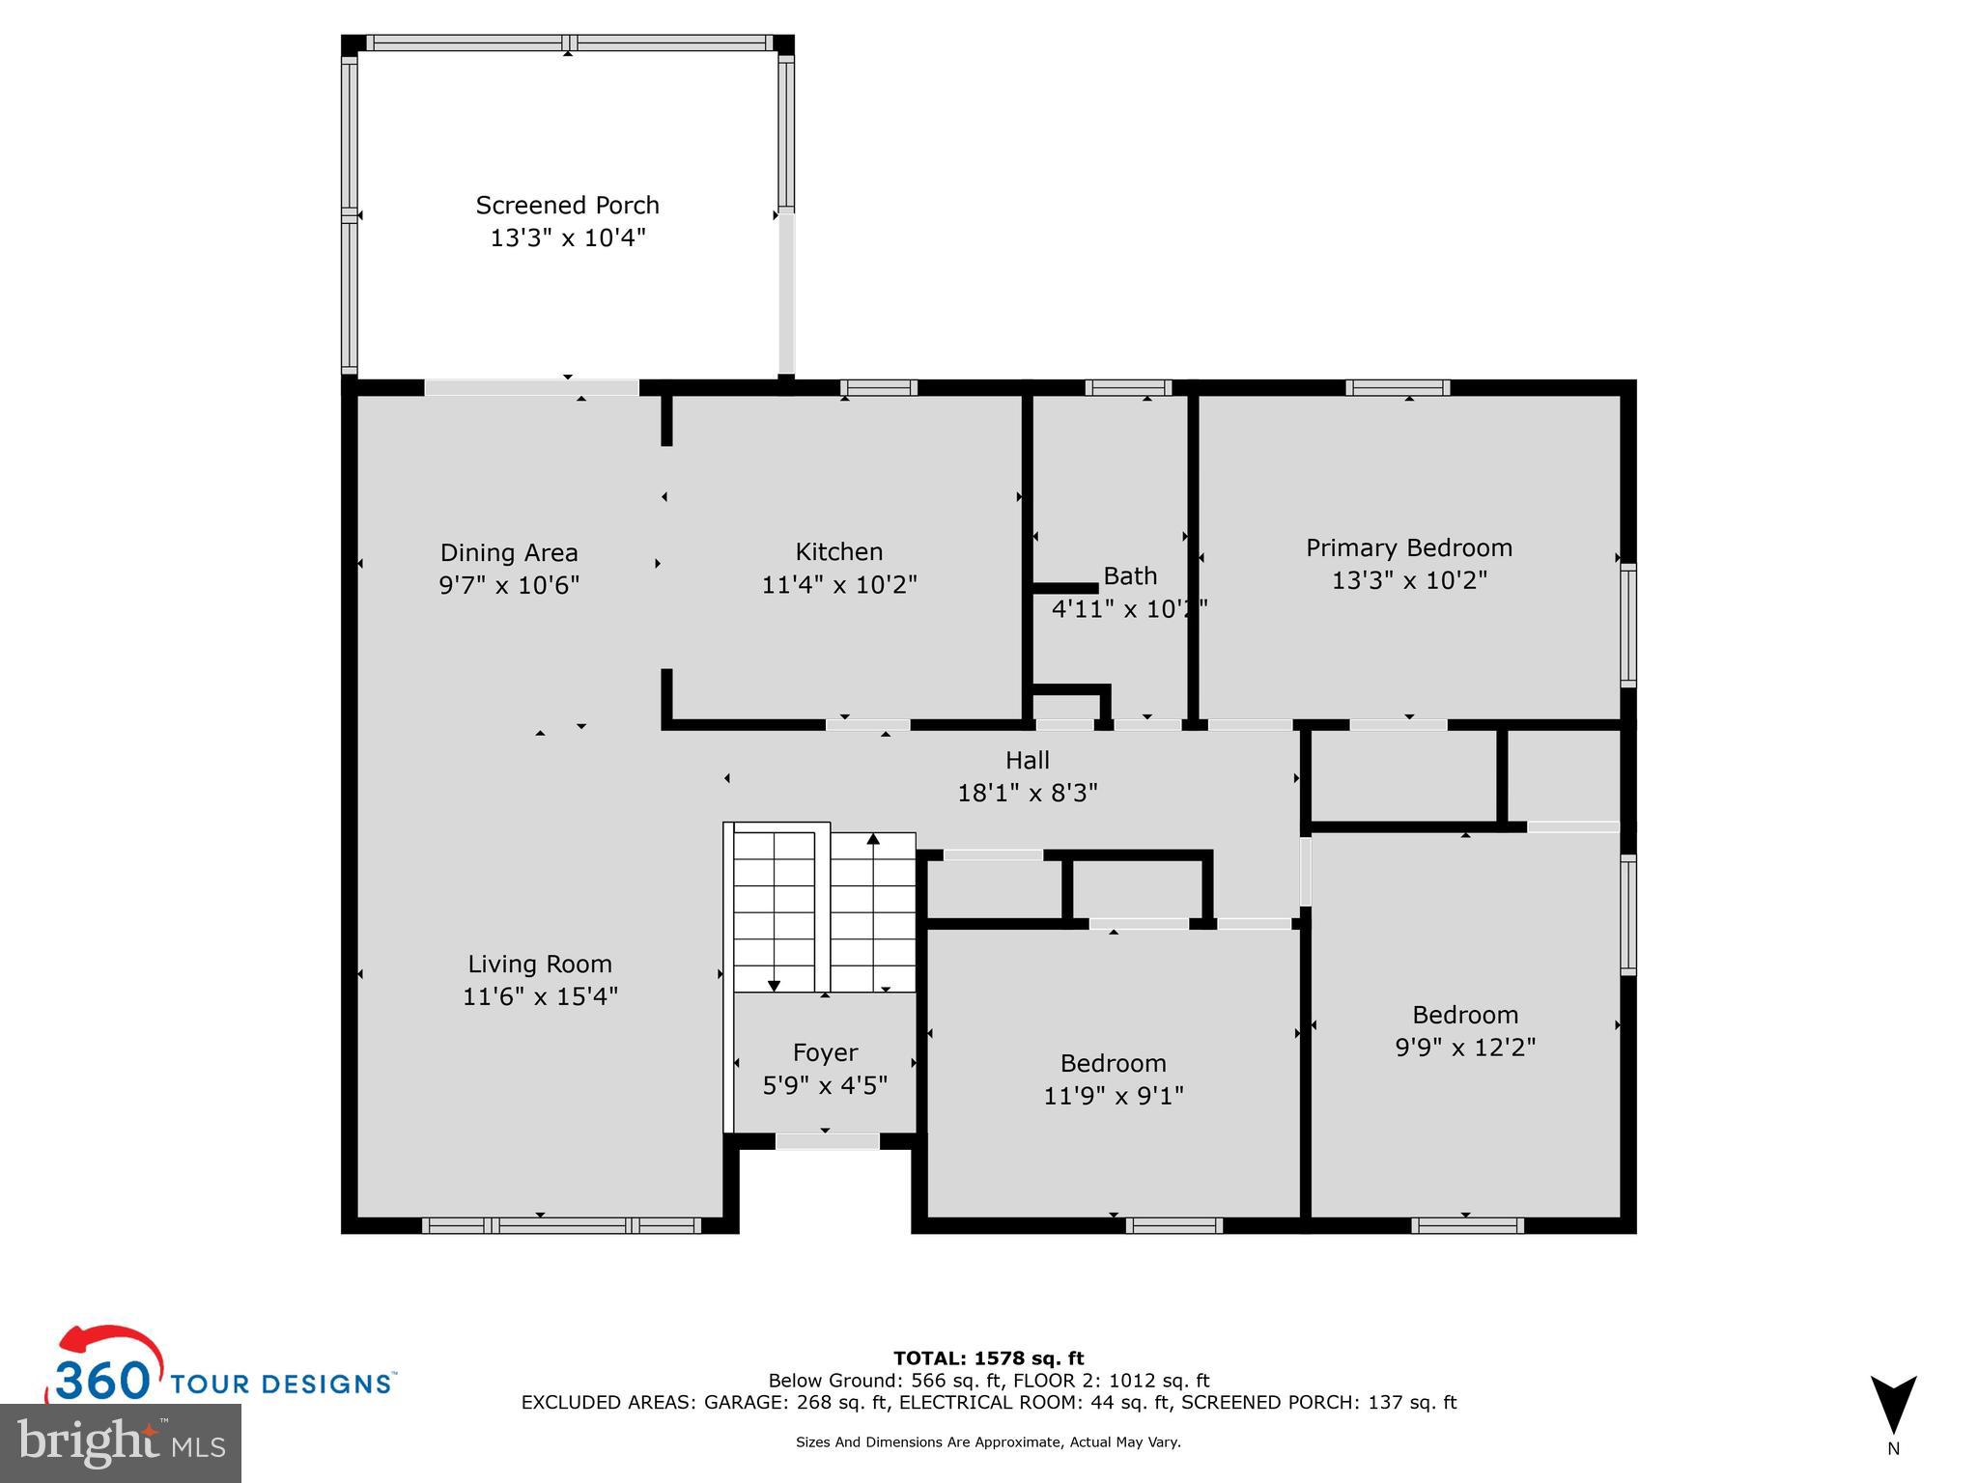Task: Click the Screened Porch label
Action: click(x=567, y=206)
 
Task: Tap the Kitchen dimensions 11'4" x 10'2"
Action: click(x=838, y=585)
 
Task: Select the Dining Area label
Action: click(x=509, y=553)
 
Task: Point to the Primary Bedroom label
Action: click(x=1408, y=548)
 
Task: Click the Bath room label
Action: click(x=1129, y=576)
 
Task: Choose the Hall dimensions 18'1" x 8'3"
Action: click(x=1027, y=794)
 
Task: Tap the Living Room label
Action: click(x=540, y=964)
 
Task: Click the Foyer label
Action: click(x=825, y=1052)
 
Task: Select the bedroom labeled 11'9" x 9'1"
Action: click(x=1113, y=1079)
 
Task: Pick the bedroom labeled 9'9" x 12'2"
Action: click(x=1464, y=1030)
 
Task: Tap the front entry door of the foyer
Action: click(x=827, y=1142)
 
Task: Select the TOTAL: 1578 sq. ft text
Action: click(x=988, y=1358)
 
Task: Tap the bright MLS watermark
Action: click(x=121, y=1442)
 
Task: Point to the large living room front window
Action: click(x=561, y=1225)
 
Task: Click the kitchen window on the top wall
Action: click(x=878, y=388)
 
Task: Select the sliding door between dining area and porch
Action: click(x=531, y=388)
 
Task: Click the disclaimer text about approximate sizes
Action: click(x=988, y=1442)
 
